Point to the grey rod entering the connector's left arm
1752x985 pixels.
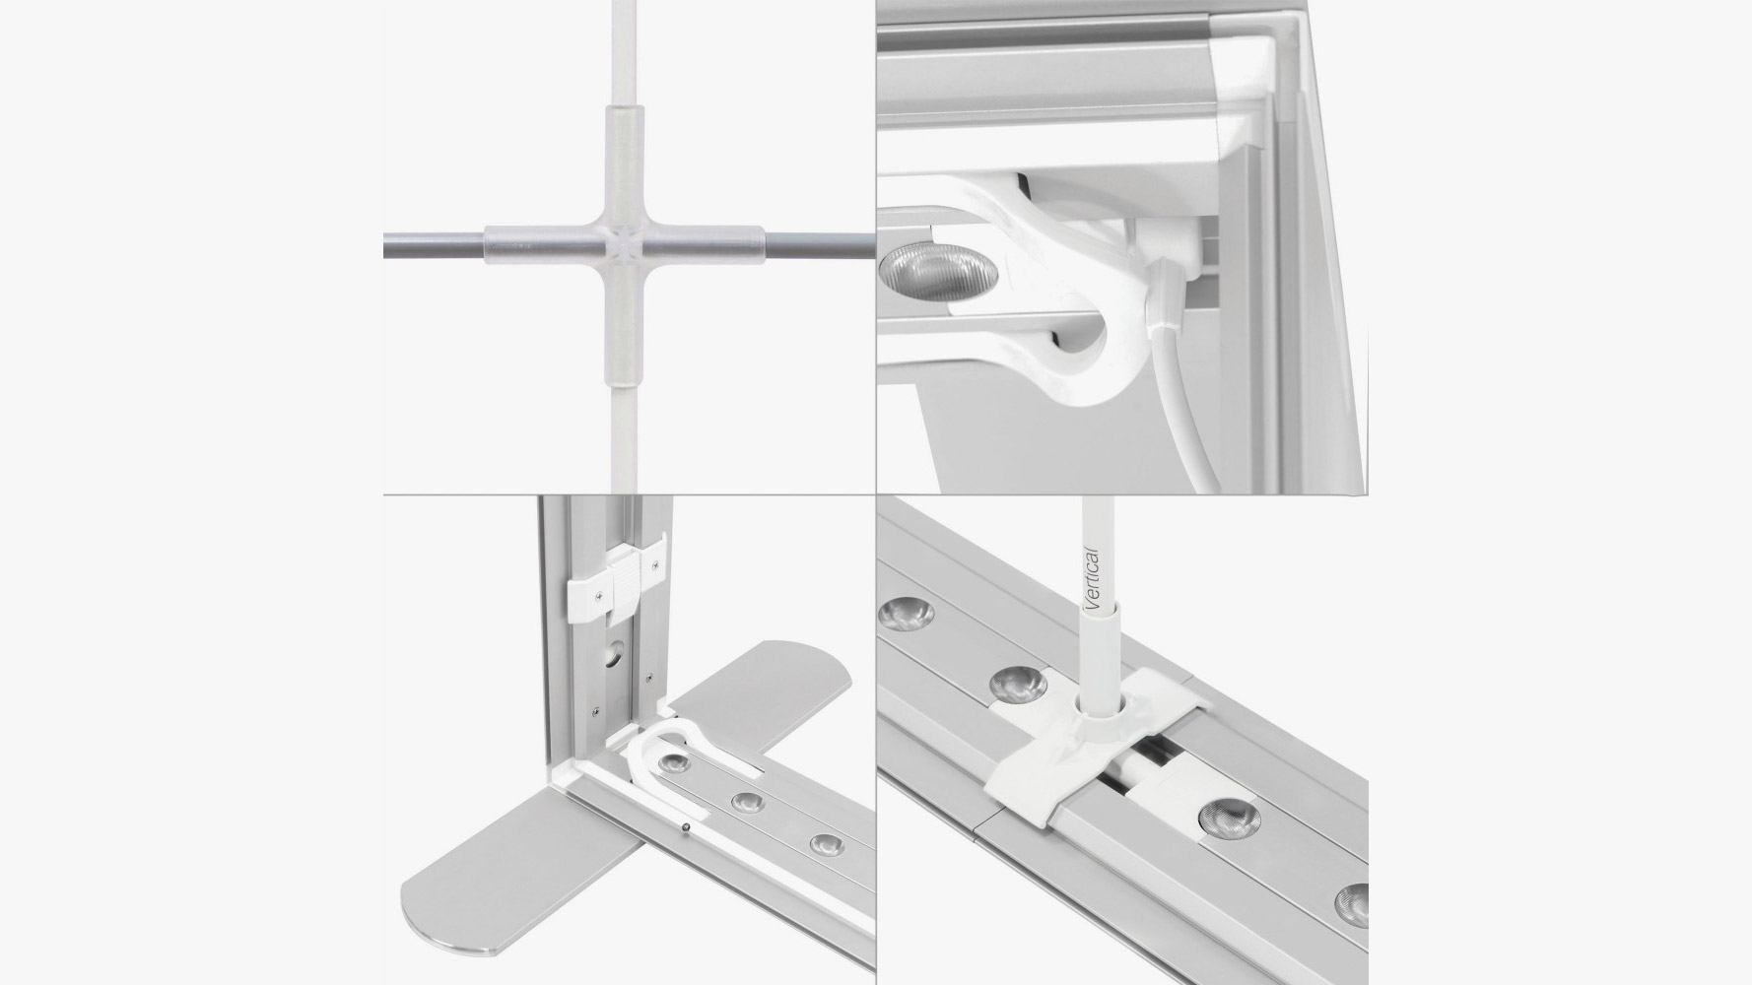point(435,243)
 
